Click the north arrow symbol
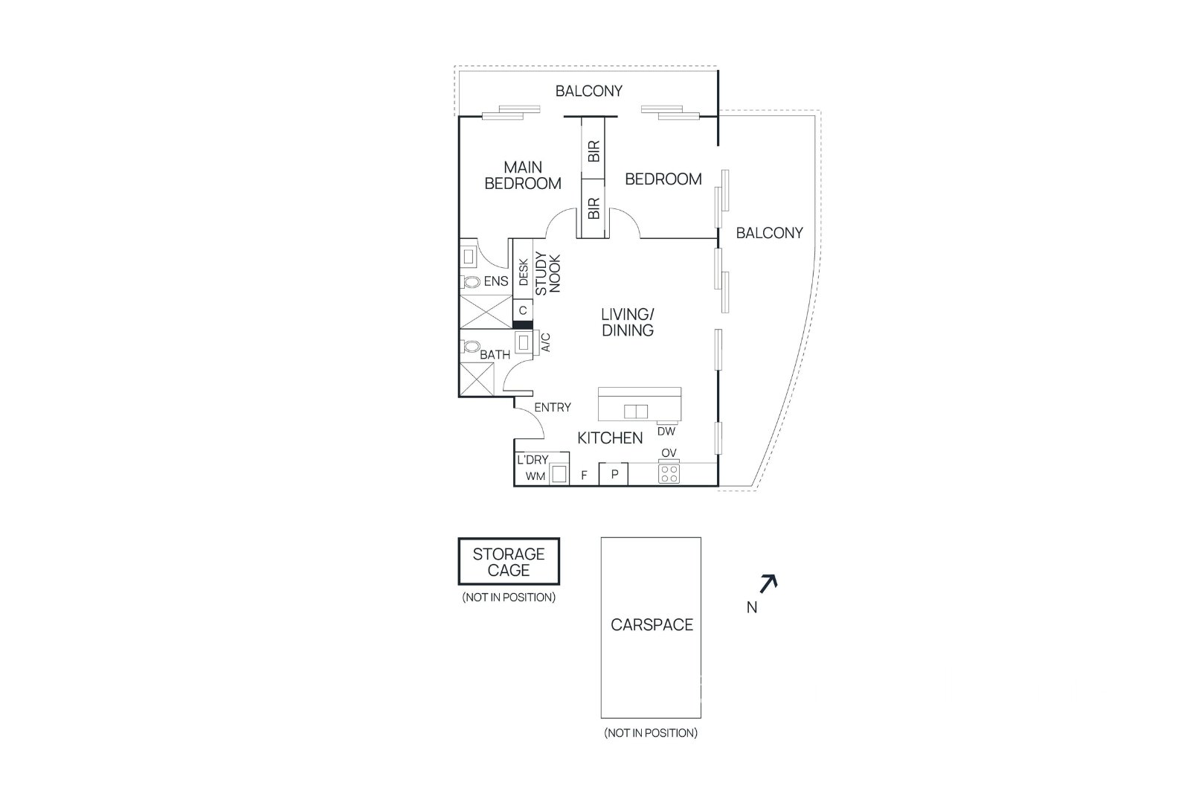point(769,583)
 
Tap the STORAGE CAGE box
point(509,561)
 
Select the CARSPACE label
point(652,624)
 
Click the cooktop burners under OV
point(669,473)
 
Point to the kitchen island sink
point(635,412)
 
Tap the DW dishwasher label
point(666,432)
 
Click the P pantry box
point(614,474)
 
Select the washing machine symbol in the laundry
point(559,473)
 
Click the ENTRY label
point(553,407)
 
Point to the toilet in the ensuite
point(469,282)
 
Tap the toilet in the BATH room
point(469,347)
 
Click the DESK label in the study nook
point(524,272)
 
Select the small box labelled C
point(523,310)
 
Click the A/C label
point(546,343)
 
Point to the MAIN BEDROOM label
point(523,176)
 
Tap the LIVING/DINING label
point(628,322)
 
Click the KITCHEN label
point(610,438)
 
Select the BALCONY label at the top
point(588,91)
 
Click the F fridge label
point(584,475)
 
